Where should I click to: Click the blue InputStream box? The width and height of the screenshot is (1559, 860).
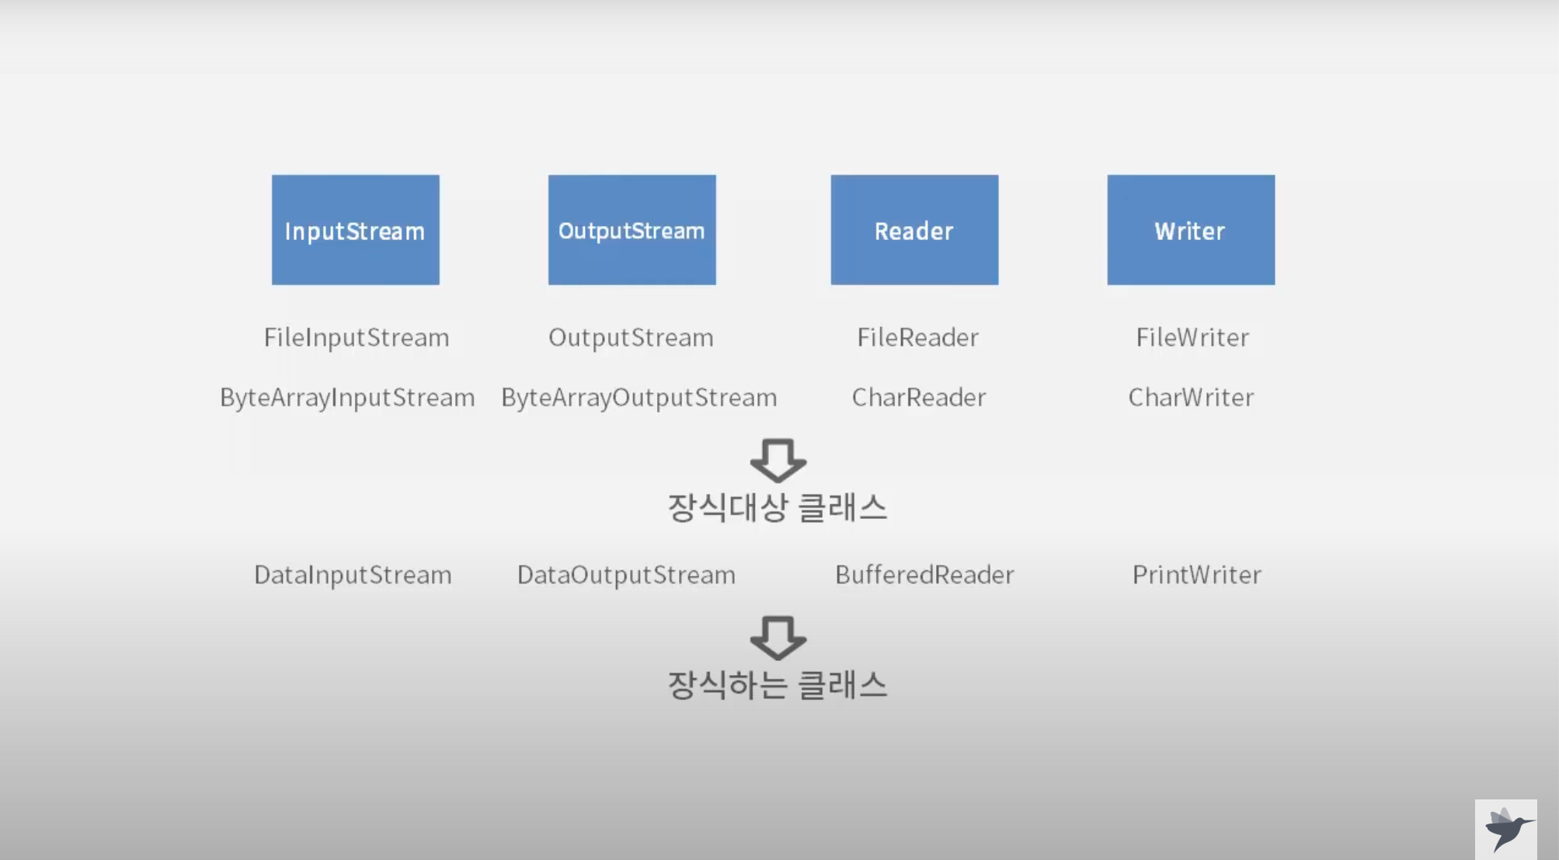click(x=355, y=230)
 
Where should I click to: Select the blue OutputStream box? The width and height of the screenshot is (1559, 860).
click(x=632, y=230)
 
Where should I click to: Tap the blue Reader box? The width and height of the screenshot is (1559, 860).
click(x=914, y=230)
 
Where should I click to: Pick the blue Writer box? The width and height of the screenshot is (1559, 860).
click(x=1191, y=230)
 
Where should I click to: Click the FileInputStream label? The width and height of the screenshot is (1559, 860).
click(x=357, y=337)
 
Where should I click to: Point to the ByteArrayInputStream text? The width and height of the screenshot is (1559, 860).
click(x=347, y=397)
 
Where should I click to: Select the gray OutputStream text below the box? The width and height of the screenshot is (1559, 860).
click(x=631, y=337)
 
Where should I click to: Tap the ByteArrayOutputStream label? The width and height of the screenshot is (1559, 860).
click(x=639, y=397)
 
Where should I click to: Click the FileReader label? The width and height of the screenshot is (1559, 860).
click(x=917, y=337)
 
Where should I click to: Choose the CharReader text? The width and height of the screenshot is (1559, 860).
click(x=919, y=397)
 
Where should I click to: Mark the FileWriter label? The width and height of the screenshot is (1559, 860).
click(x=1192, y=337)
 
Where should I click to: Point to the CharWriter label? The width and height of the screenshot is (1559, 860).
click(x=1191, y=397)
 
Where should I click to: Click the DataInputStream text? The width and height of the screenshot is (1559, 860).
click(x=353, y=574)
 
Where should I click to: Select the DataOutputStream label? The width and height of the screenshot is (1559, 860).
click(x=626, y=574)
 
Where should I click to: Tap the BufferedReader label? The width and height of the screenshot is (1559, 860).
click(x=924, y=574)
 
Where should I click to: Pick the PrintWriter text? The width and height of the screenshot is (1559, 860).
click(x=1196, y=574)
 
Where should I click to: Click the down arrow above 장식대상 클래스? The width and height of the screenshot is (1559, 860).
click(x=778, y=460)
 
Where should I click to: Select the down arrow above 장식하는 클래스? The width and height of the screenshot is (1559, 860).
click(x=778, y=637)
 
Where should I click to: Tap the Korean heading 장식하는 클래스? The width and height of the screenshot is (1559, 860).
click(x=778, y=684)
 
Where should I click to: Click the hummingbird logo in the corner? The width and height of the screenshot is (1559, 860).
click(x=1506, y=829)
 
